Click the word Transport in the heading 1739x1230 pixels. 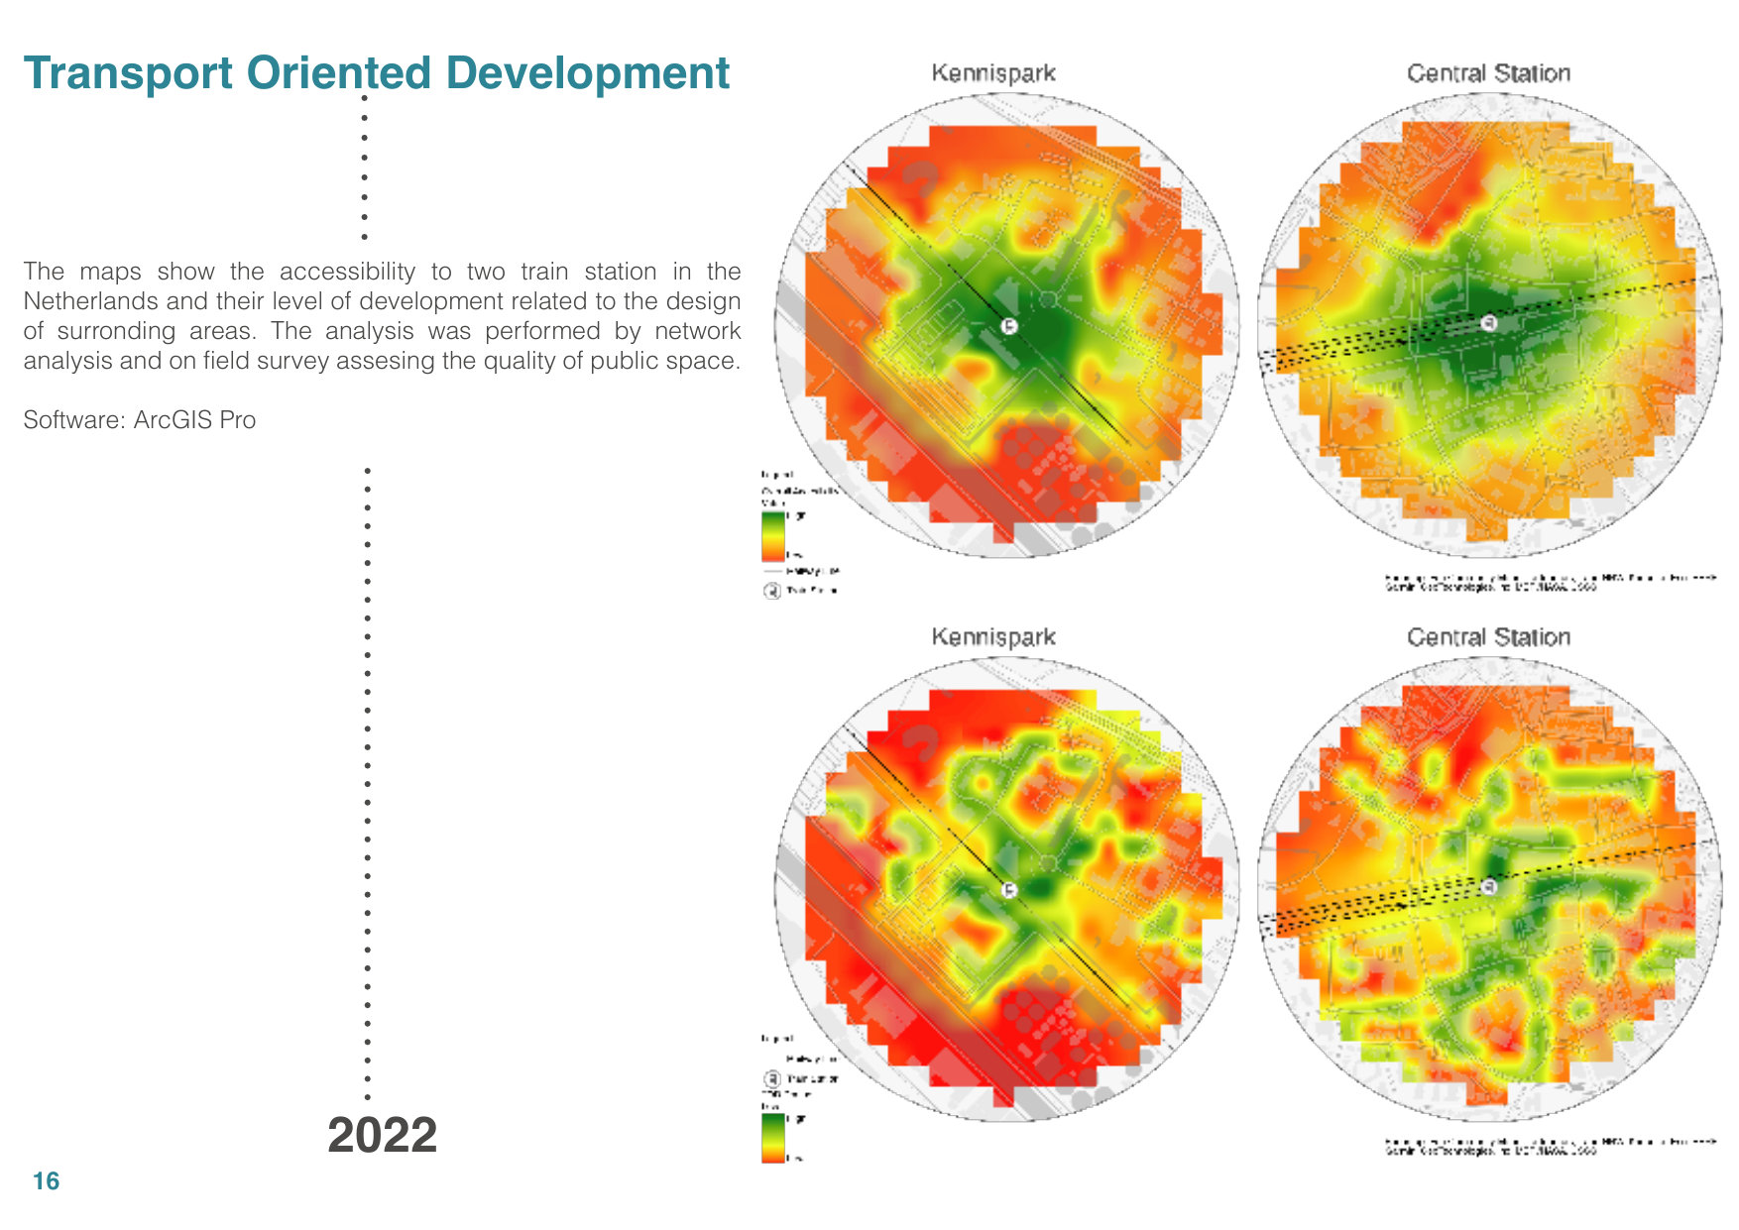tap(128, 73)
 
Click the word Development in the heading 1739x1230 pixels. tap(587, 73)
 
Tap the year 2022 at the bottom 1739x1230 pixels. tap(382, 1135)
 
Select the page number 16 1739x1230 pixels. tap(46, 1181)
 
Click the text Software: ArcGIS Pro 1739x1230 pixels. tap(140, 420)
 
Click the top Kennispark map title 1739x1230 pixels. tap(992, 73)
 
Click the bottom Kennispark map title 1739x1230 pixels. tap(992, 637)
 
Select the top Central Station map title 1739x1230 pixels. tap(1487, 73)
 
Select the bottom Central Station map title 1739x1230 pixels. tap(1487, 637)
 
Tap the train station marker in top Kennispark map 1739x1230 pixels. tap(1008, 326)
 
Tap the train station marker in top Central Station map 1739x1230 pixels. tap(1487, 323)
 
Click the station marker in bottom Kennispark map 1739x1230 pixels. tap(1008, 890)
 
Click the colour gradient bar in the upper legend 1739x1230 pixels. tap(772, 536)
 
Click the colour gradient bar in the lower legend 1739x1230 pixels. tap(772, 1137)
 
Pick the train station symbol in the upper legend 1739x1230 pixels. tap(771, 591)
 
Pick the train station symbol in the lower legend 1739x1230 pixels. tap(771, 1078)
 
